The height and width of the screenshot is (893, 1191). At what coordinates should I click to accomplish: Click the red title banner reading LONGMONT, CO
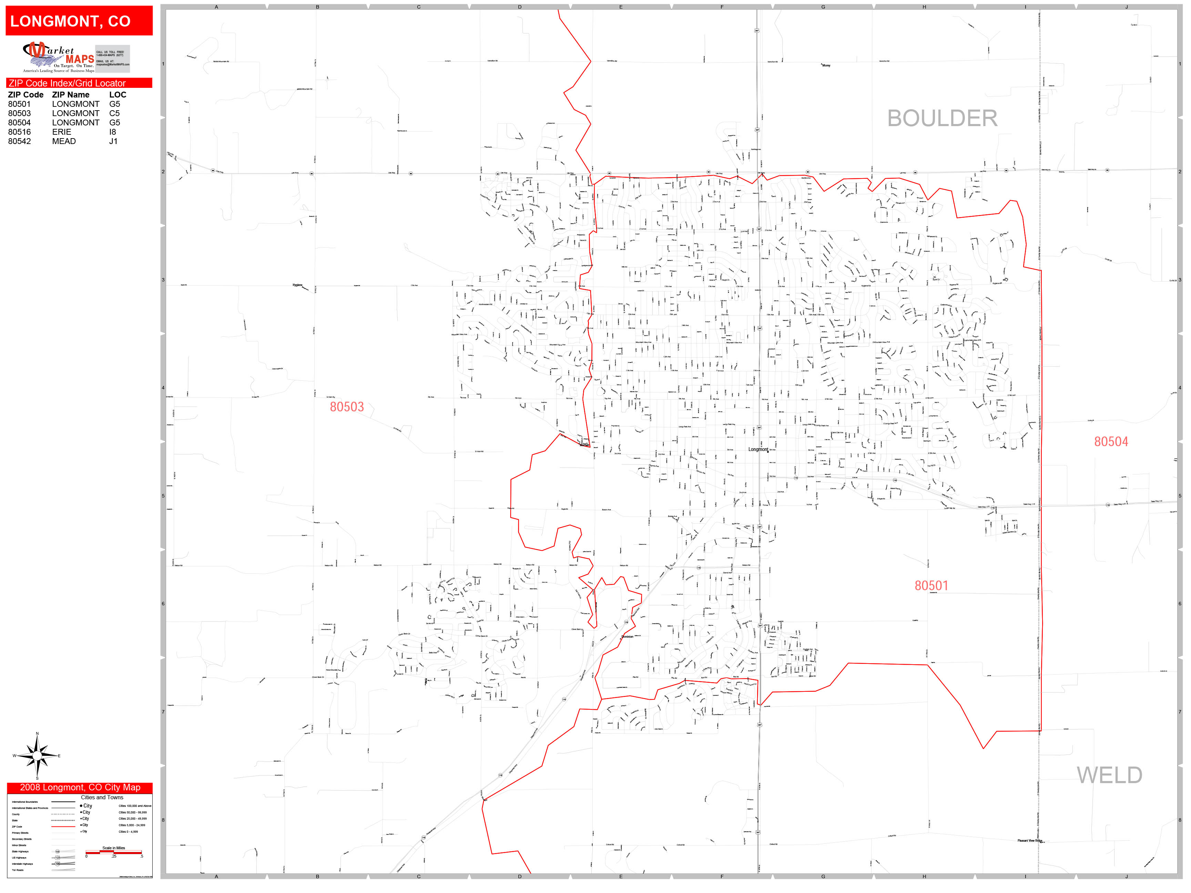click(x=79, y=21)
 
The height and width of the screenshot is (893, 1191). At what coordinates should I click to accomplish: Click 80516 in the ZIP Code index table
click(x=19, y=132)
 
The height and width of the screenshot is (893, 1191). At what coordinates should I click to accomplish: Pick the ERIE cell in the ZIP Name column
click(x=61, y=132)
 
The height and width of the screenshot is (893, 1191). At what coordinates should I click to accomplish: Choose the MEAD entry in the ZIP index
click(x=63, y=141)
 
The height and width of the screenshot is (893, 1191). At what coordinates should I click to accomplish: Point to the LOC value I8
click(x=113, y=132)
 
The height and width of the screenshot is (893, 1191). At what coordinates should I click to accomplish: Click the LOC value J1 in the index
click(x=113, y=141)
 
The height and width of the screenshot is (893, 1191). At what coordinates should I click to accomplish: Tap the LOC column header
click(x=118, y=95)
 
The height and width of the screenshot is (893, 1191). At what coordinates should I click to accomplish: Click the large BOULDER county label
click(x=942, y=119)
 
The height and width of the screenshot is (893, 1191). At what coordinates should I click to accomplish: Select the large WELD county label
click(x=1109, y=775)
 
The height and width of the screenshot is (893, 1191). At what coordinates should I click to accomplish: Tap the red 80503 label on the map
click(x=347, y=407)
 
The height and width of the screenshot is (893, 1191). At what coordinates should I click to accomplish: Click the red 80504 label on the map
click(x=1111, y=441)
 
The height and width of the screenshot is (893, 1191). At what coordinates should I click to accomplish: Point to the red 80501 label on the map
click(x=931, y=586)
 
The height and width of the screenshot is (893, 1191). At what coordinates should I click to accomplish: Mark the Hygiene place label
click(x=297, y=285)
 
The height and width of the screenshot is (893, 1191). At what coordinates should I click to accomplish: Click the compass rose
click(x=37, y=756)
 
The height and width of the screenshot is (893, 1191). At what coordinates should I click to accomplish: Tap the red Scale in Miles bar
click(x=114, y=852)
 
